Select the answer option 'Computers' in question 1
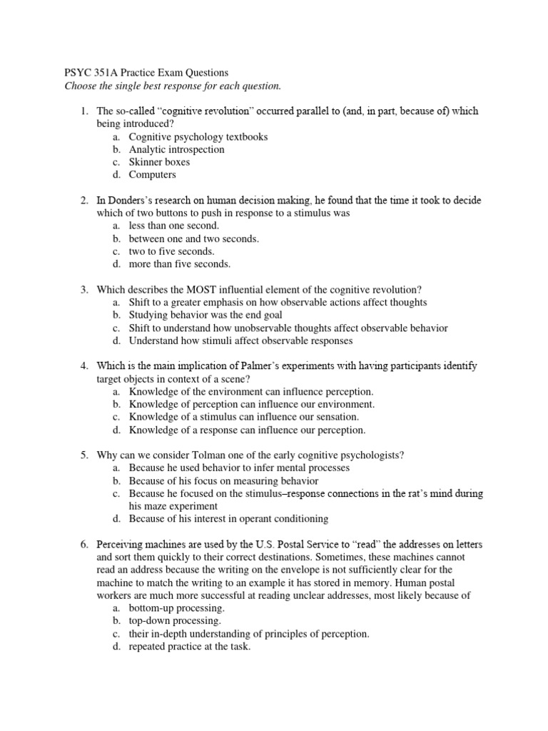click(x=152, y=175)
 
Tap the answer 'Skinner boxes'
click(x=159, y=162)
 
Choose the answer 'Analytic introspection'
click(x=176, y=150)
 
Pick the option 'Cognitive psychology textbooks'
click(x=198, y=137)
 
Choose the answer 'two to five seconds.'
click(x=171, y=251)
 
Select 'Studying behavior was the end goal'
click(x=205, y=315)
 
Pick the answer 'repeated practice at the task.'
click(x=190, y=646)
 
